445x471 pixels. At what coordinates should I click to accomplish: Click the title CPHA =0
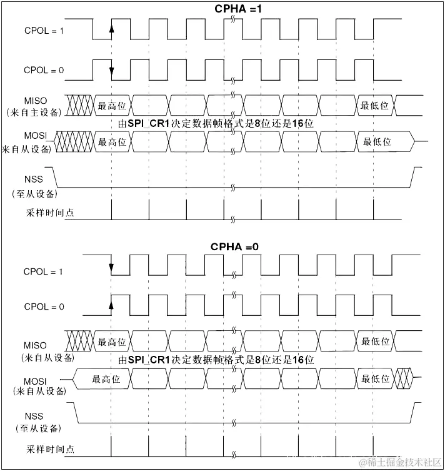234,247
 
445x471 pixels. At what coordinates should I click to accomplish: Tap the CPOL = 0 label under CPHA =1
44,71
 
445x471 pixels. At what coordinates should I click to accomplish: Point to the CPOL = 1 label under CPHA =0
44,272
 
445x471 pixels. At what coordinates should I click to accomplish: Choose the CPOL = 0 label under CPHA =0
44,307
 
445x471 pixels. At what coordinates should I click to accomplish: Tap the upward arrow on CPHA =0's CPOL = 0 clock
111,305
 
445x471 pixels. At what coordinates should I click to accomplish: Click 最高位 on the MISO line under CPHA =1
112,106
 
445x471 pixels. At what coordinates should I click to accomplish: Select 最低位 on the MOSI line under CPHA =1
377,142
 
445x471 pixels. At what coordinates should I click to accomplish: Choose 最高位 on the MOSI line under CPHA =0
105,379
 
